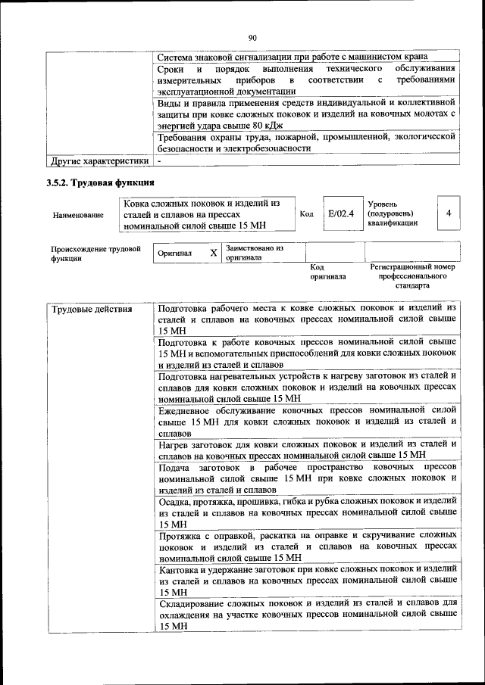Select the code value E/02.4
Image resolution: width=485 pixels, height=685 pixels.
pyautogui.click(x=340, y=214)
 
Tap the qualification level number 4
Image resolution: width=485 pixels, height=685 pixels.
pyautogui.click(x=449, y=213)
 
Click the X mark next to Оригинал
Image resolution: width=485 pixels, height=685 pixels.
pyautogui.click(x=213, y=253)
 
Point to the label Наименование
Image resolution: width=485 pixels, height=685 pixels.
pyautogui.click(x=79, y=215)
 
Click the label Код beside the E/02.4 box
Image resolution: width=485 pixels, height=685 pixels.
pyautogui.click(x=307, y=214)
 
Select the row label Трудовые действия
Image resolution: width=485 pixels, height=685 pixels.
pyautogui.click(x=82, y=309)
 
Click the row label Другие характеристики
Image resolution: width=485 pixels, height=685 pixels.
pyautogui.click(x=99, y=160)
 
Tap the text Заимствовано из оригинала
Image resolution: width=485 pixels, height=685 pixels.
pyautogui.click(x=254, y=253)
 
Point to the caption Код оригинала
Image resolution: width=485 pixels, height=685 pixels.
pyautogui.click(x=328, y=272)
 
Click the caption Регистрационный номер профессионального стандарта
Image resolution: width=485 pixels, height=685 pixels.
pyautogui.click(x=412, y=276)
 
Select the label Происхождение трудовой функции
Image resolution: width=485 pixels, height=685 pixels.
pyautogui.click(x=95, y=253)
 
